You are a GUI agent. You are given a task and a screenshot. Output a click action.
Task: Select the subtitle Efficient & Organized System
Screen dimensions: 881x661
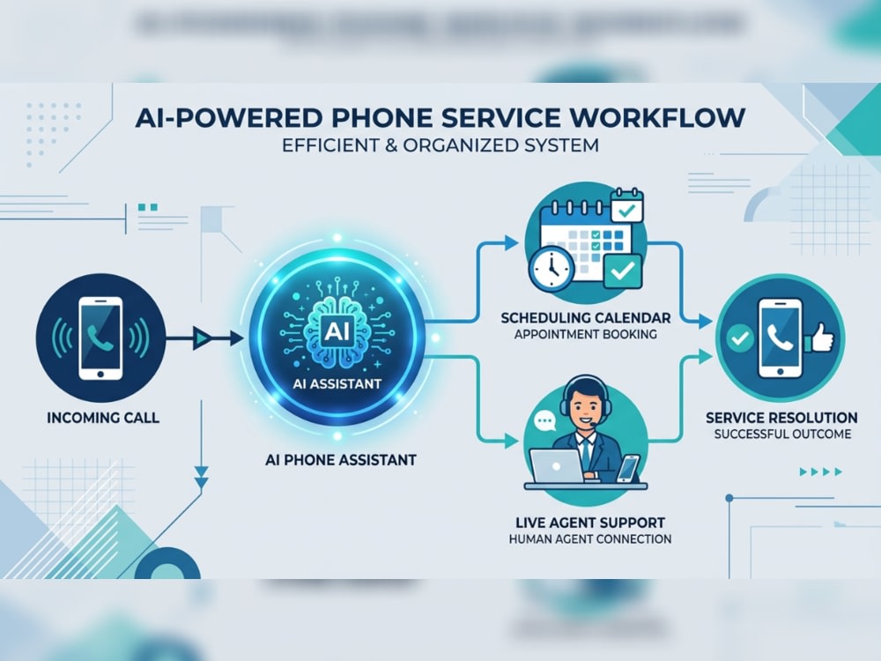pos(440,145)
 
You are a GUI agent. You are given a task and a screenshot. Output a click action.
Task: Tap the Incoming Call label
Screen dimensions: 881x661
pos(103,418)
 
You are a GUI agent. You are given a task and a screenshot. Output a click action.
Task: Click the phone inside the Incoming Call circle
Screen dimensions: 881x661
pos(100,338)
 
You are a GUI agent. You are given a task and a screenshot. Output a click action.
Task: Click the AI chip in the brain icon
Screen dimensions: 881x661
pos(337,331)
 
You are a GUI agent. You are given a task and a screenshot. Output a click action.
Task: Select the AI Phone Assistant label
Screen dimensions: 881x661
pos(340,460)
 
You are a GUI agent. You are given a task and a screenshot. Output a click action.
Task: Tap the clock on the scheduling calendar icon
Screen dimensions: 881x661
pos(552,268)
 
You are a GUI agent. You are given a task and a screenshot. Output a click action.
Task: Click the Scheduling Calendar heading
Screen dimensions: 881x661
pos(586,317)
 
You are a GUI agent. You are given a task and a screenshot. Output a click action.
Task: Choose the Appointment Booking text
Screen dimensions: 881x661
pos(586,334)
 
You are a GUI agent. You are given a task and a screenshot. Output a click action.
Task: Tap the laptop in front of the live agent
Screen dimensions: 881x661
pos(556,466)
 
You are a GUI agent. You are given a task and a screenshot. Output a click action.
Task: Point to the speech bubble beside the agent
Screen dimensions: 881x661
pos(544,421)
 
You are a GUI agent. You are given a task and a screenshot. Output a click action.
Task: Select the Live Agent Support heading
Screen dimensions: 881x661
pos(590,523)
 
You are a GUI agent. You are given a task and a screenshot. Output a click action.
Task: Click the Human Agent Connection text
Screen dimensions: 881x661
pos(590,539)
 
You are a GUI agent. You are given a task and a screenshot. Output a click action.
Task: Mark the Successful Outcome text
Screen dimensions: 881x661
pos(782,434)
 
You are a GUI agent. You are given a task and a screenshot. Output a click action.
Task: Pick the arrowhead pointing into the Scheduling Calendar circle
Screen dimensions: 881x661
pos(511,243)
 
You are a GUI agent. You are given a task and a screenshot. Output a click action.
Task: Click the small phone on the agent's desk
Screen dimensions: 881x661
pos(628,468)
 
